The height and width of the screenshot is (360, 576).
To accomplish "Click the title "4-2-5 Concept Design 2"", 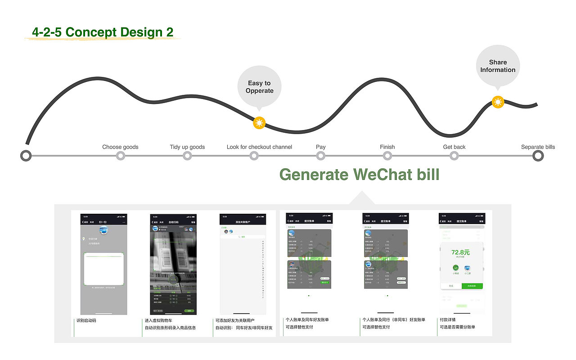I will [103, 32].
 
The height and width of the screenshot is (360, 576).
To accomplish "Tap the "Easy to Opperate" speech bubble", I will [259, 87].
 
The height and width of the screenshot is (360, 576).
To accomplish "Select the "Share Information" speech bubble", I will [498, 66].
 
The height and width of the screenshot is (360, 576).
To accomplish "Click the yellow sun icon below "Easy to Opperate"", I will [259, 122].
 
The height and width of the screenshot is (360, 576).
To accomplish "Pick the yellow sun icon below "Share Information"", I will [498, 102].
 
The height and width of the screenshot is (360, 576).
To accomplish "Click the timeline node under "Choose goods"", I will [120, 156].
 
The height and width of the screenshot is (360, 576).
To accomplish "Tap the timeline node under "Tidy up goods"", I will [187, 156].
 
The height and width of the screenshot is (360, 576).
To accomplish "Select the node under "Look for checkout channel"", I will [254, 156].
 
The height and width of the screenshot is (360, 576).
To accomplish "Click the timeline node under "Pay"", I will [320, 156].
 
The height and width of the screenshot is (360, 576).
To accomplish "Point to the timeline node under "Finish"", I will [387, 156].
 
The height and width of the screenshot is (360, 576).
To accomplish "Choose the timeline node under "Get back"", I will [454, 156].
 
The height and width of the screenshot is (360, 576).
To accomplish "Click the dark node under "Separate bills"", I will [538, 156].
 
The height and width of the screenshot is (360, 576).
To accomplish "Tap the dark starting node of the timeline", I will [26, 156].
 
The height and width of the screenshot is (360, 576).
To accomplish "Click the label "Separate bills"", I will [538, 147].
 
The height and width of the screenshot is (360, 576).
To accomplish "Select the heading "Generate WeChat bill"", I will [359, 174].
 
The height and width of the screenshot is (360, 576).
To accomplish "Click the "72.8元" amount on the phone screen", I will [460, 252].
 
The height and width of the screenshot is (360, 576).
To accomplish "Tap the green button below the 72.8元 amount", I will [472, 286].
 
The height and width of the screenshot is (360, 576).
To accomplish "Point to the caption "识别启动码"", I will [86, 320].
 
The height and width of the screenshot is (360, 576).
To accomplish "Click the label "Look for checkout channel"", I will [259, 147].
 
